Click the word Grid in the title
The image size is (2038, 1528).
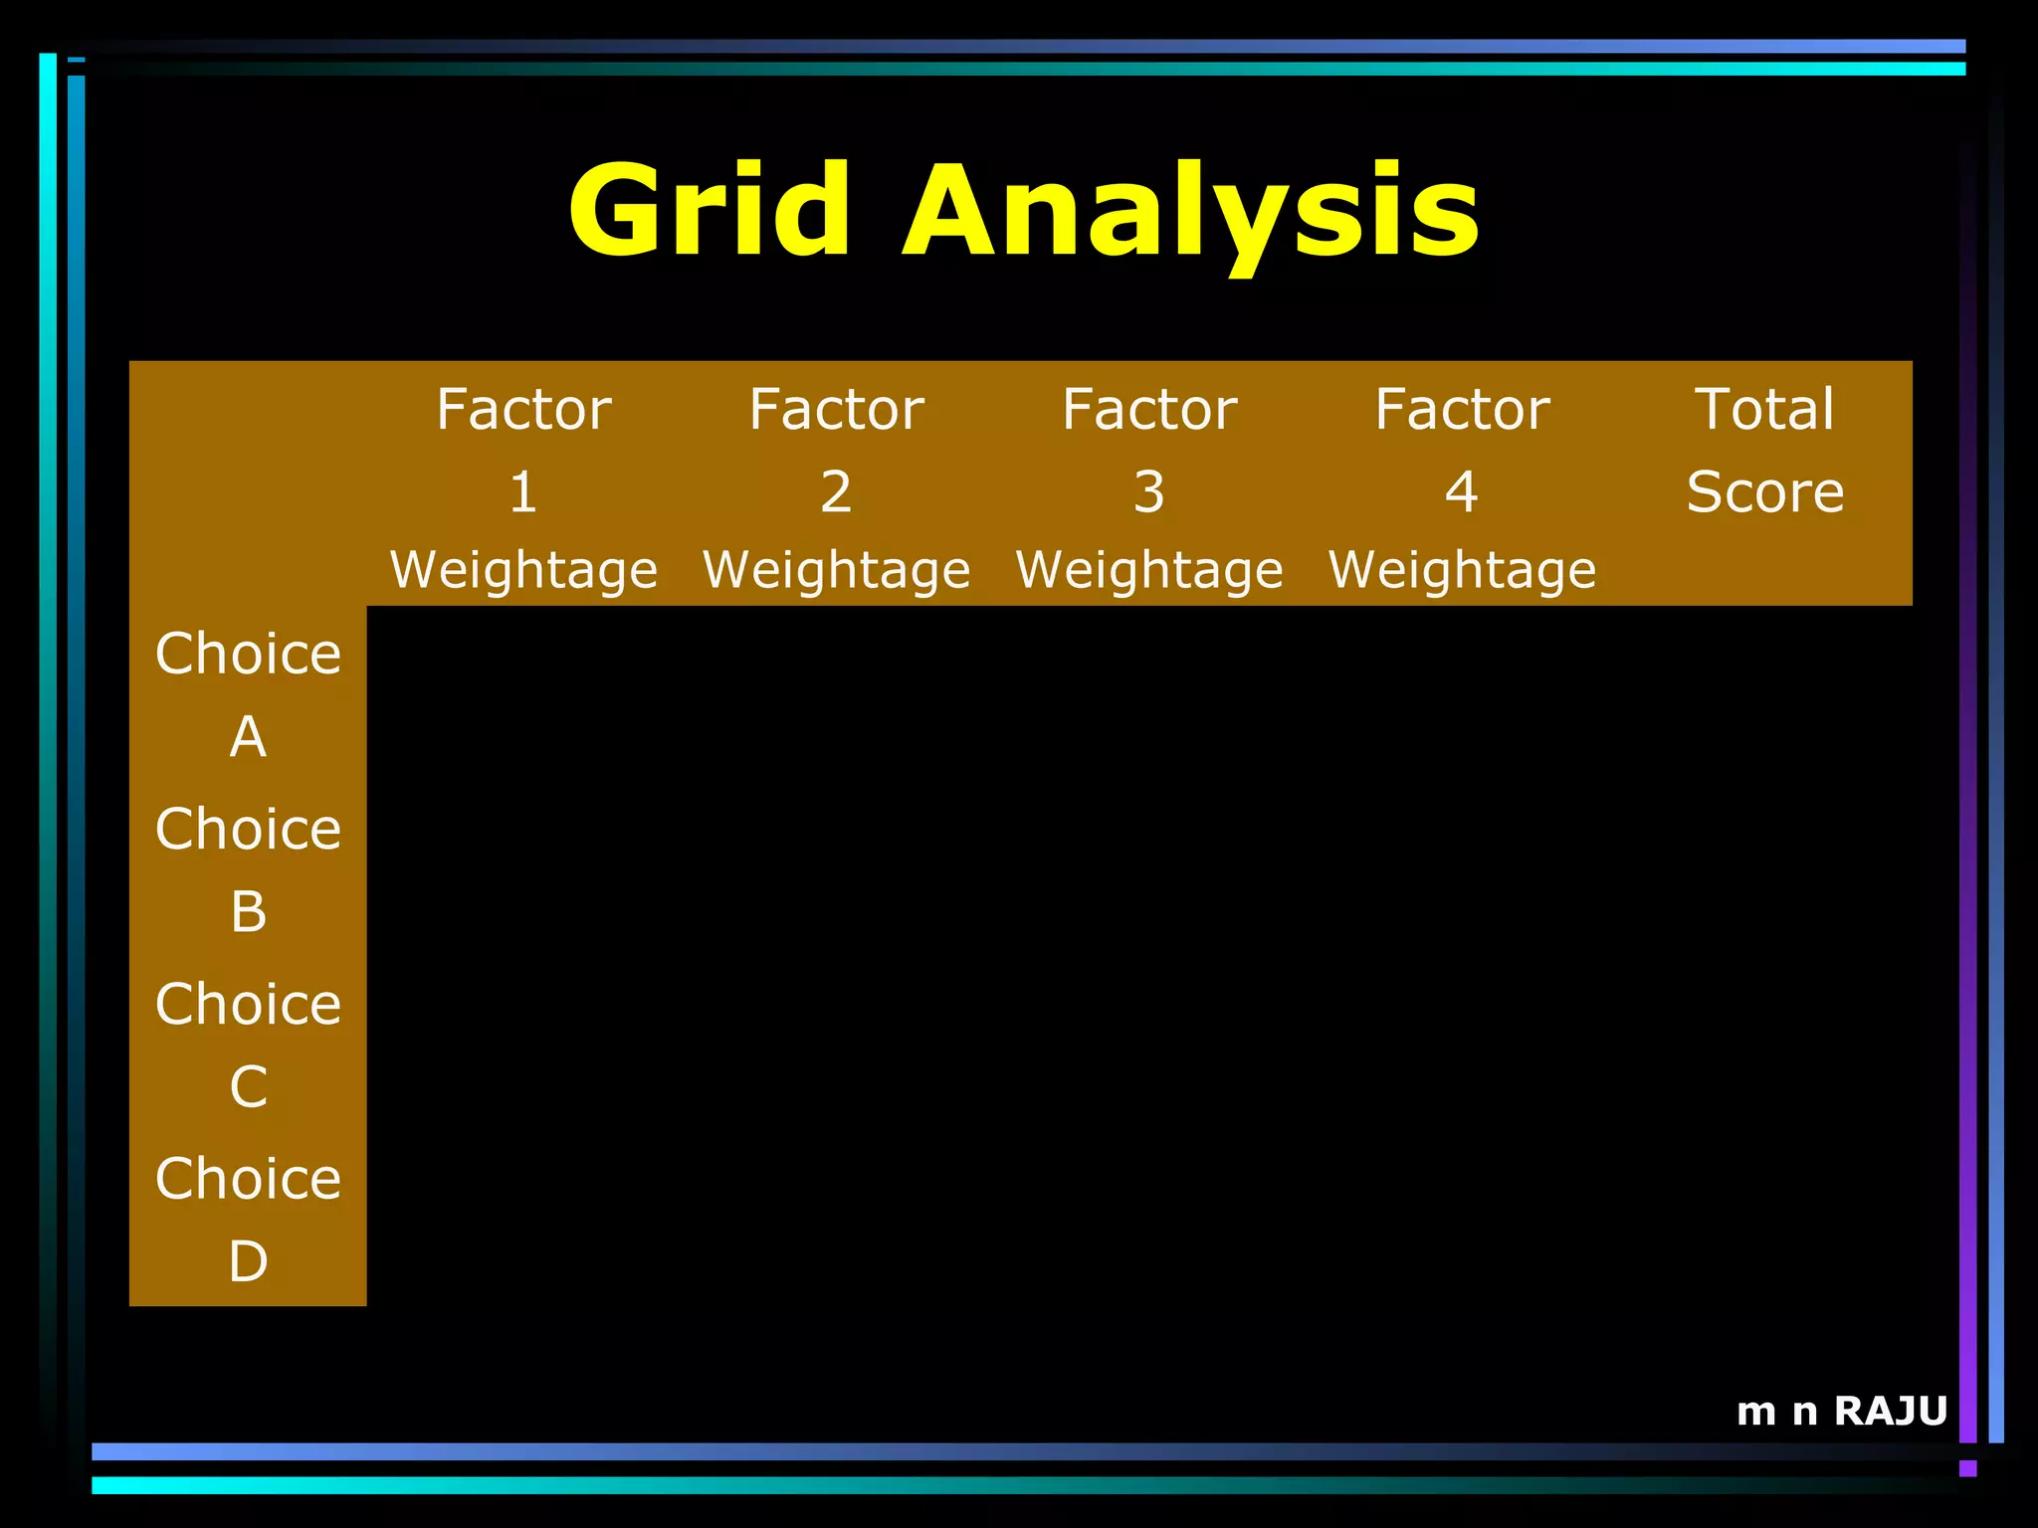(x=709, y=212)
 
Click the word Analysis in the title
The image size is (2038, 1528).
(x=1190, y=214)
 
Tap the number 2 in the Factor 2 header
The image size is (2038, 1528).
(x=836, y=492)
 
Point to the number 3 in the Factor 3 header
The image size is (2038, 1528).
(x=1148, y=492)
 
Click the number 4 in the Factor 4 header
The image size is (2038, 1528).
(x=1461, y=492)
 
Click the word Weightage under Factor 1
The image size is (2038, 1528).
(x=523, y=571)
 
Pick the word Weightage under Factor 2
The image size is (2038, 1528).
(x=836, y=571)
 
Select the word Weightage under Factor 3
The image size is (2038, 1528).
(x=1148, y=571)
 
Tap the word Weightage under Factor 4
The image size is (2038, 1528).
(x=1461, y=571)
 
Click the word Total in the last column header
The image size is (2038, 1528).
(x=1764, y=410)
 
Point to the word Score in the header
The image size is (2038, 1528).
(x=1764, y=492)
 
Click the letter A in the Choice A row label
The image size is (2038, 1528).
(x=248, y=737)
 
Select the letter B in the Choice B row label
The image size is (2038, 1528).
(x=248, y=912)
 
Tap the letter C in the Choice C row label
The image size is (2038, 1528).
(x=248, y=1086)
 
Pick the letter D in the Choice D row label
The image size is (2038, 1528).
(x=248, y=1261)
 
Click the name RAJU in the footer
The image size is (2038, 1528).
(x=1890, y=1411)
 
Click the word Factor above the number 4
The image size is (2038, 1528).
(x=1461, y=410)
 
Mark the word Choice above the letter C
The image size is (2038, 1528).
(x=248, y=1004)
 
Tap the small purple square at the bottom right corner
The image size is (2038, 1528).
(x=1967, y=1468)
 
